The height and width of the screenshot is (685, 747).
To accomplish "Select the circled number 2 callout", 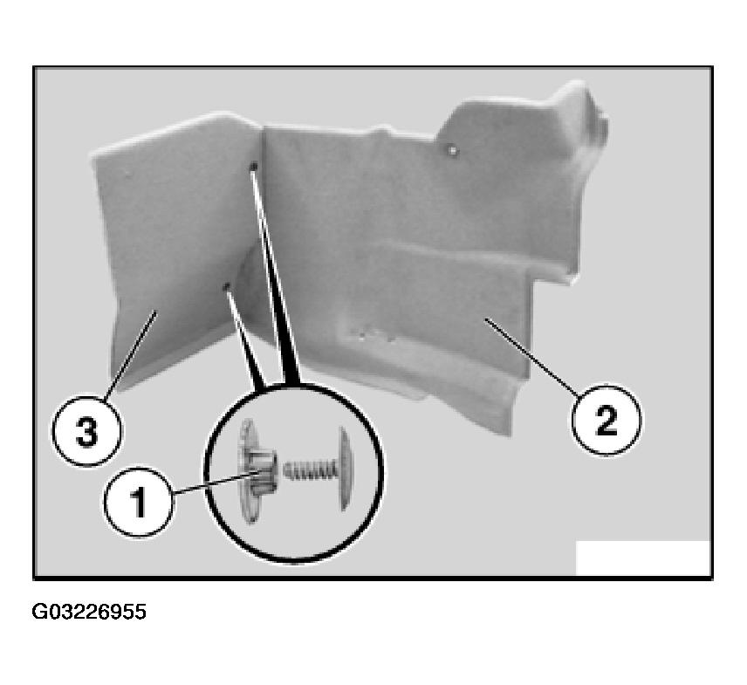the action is (606, 420).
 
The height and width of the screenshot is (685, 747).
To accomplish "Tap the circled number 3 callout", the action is (86, 431).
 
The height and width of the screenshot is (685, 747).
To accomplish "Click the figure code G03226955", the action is (89, 612).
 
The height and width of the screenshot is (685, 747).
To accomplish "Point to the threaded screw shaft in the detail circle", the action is (311, 470).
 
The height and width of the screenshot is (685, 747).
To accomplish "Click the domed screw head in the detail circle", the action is (346, 469).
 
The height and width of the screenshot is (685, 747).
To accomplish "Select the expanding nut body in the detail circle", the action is (263, 472).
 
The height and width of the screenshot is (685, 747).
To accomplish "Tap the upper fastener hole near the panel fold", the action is (254, 166).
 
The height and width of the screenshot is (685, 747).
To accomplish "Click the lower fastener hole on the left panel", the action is (227, 286).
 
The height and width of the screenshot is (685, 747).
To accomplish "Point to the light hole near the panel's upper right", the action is (452, 151).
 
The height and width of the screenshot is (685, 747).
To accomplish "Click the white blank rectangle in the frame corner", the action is (643, 558).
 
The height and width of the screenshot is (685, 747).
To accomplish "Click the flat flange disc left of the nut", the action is (247, 470).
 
